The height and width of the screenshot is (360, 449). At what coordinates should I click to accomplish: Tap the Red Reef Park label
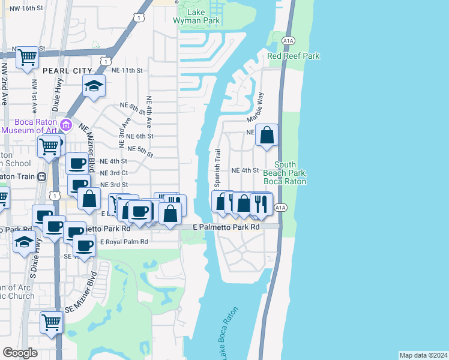pyautogui.click(x=294, y=56)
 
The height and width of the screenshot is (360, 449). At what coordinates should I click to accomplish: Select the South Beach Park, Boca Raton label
pyautogui.click(x=291, y=173)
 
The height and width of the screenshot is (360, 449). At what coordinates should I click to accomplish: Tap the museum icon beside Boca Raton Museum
pyautogui.click(x=67, y=126)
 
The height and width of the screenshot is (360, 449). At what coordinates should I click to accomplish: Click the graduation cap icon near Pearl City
pyautogui.click(x=94, y=86)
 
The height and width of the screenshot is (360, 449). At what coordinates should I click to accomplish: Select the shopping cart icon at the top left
pyautogui.click(x=27, y=58)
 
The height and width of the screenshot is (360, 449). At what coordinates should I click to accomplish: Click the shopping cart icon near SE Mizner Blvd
pyautogui.click(x=52, y=322)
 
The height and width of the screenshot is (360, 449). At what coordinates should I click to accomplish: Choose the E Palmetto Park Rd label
pyautogui.click(x=230, y=228)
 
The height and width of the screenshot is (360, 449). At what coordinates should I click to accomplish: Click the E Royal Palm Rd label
pyautogui.click(x=124, y=242)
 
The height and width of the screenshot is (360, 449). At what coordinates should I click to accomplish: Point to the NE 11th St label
pyautogui.click(x=130, y=70)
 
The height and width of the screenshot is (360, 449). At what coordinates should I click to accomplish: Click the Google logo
pyautogui.click(x=20, y=353)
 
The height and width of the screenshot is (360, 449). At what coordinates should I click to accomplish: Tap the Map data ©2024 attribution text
pyautogui.click(x=423, y=355)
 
